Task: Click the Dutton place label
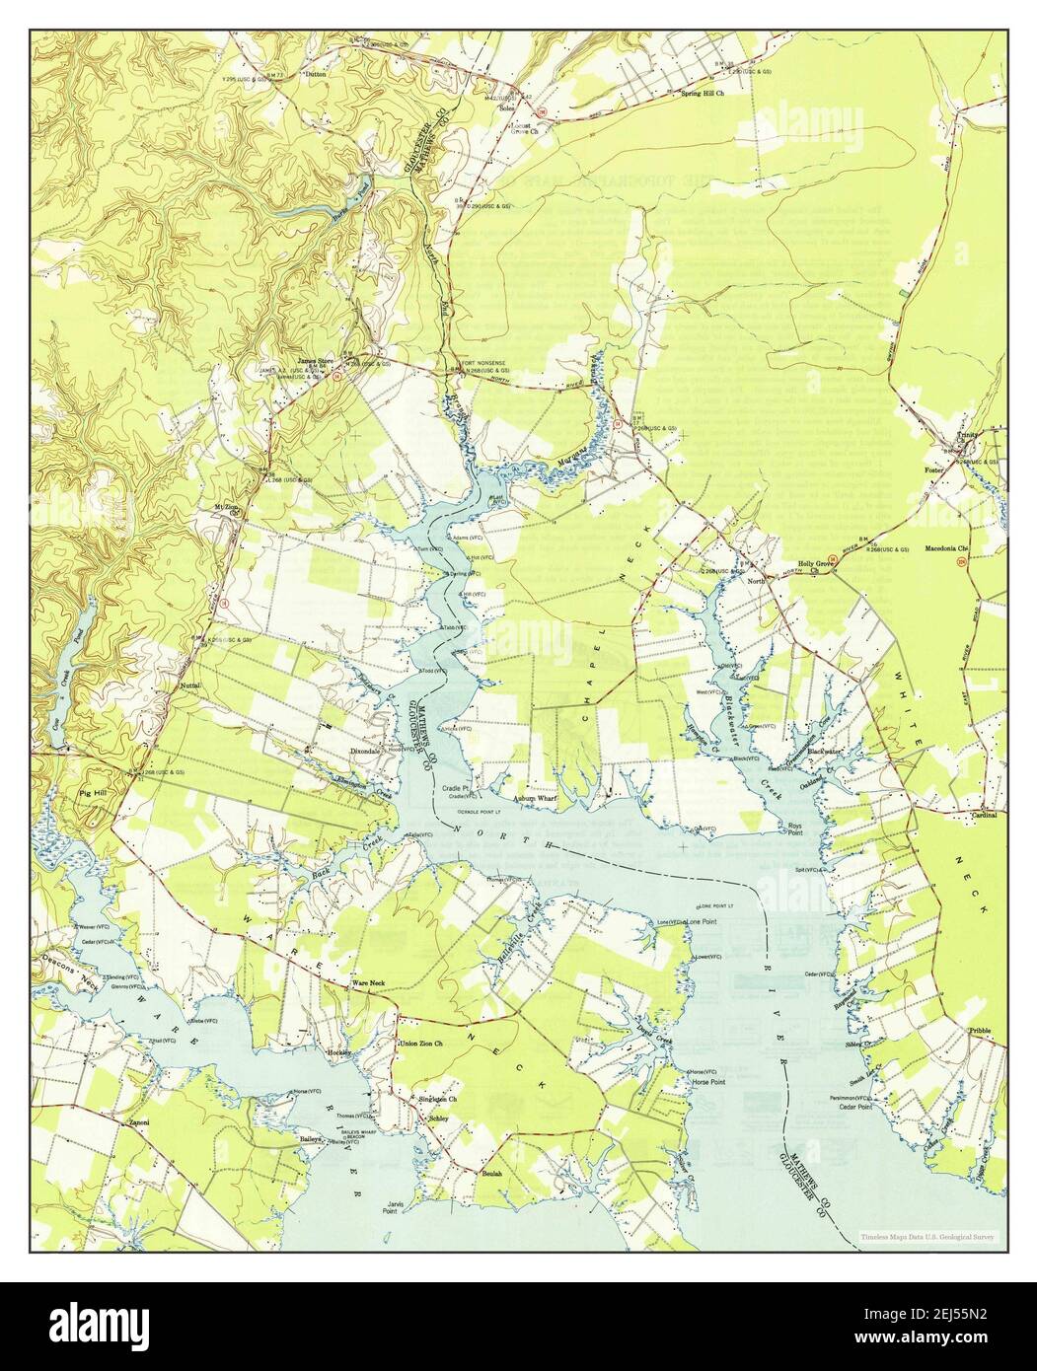[316, 73]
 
